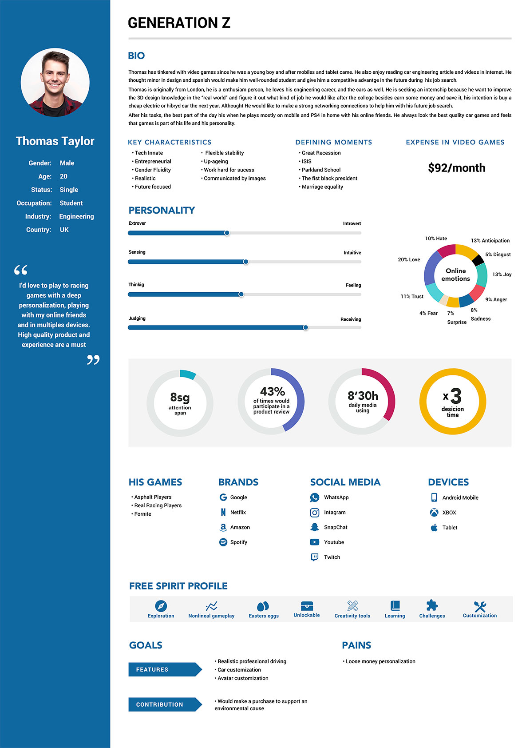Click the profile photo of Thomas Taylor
pyautogui.click(x=55, y=83)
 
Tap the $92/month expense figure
pyautogui.click(x=456, y=168)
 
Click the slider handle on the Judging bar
pyautogui.click(x=305, y=327)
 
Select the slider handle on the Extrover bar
pyautogui.click(x=227, y=233)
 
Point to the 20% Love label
pyautogui.click(x=409, y=260)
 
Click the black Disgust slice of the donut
pyautogui.click(x=478, y=260)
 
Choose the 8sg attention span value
pyautogui.click(x=180, y=397)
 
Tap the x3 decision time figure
pyautogui.click(x=452, y=396)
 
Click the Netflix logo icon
pyautogui.click(x=223, y=512)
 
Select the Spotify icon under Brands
pyautogui.click(x=223, y=542)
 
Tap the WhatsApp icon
pyautogui.click(x=314, y=497)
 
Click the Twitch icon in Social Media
pyautogui.click(x=314, y=557)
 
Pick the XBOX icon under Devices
pyautogui.click(x=434, y=513)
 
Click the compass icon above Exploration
pyautogui.click(x=161, y=606)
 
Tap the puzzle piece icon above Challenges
pyautogui.click(x=432, y=605)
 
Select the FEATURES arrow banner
pyautogui.click(x=164, y=669)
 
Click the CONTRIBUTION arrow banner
pyautogui.click(x=164, y=704)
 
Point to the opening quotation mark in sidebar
pyautogui.click(x=21, y=270)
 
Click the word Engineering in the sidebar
pyautogui.click(x=76, y=216)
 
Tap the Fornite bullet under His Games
pyautogui.click(x=142, y=514)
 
